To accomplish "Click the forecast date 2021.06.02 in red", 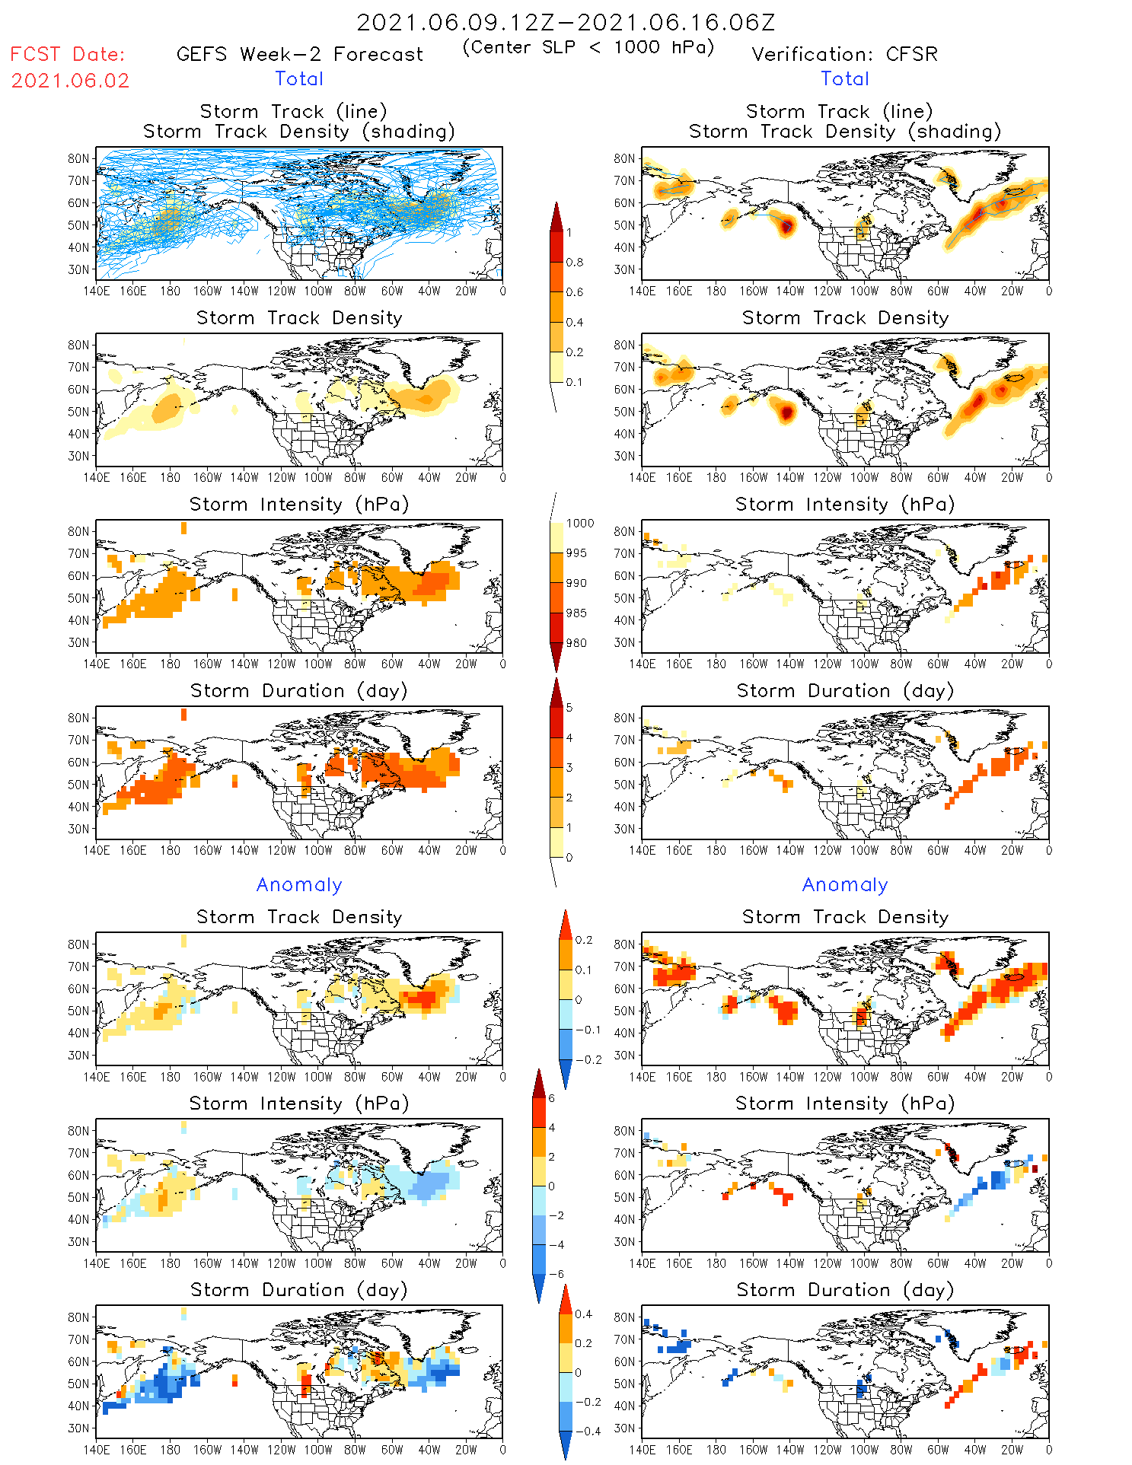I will [70, 81].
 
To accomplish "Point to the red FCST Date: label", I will [67, 54].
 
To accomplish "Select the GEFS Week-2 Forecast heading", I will [299, 54].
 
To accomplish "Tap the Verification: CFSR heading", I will [844, 54].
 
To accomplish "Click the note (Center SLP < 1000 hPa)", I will [588, 47].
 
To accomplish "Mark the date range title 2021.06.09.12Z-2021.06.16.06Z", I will [566, 22].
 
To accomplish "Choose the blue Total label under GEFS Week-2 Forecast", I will [299, 78].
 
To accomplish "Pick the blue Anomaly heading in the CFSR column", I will [845, 884].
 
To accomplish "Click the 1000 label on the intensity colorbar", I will [580, 523].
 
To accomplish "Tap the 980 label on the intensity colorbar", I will [576, 643].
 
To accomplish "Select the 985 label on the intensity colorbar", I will [576, 613].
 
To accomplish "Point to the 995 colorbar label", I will [576, 553].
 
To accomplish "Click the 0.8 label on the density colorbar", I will [575, 262].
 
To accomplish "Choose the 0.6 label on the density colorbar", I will [575, 292].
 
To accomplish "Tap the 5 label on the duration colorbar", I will [569, 707].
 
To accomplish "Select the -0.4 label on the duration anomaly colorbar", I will [583, 1431].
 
